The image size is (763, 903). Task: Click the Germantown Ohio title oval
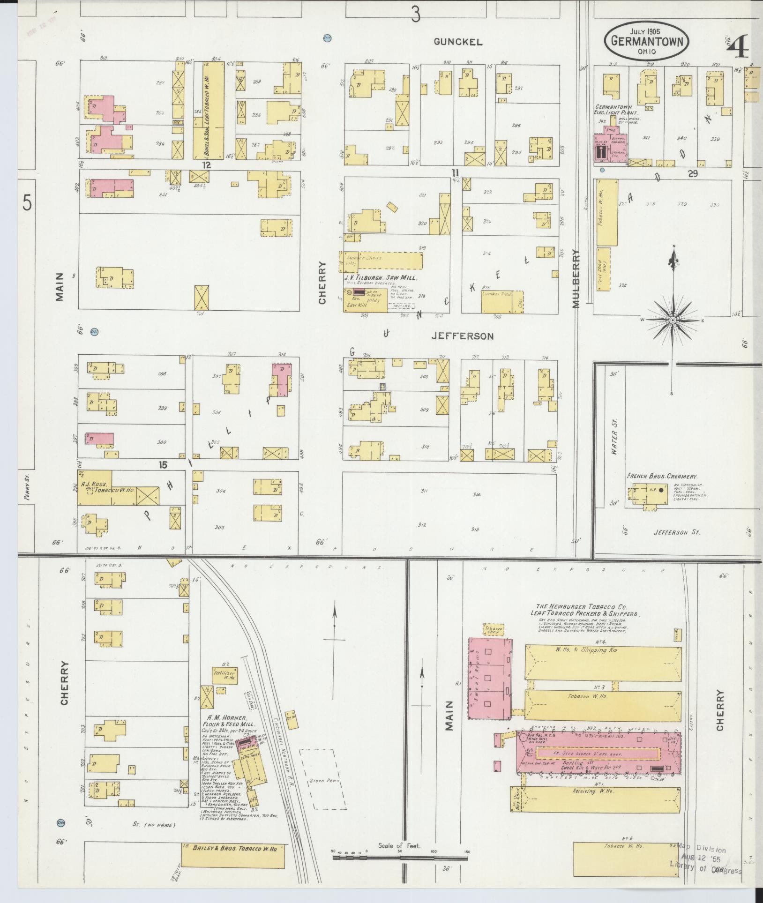click(x=646, y=41)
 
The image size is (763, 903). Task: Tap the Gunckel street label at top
click(x=457, y=42)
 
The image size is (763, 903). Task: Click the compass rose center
click(x=673, y=320)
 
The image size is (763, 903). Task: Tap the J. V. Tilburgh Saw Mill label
click(x=381, y=277)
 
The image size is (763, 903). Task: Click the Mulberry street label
click(x=576, y=278)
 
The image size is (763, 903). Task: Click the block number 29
click(x=693, y=174)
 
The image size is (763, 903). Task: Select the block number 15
click(x=163, y=465)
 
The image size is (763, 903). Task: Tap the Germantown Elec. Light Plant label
click(x=613, y=110)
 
